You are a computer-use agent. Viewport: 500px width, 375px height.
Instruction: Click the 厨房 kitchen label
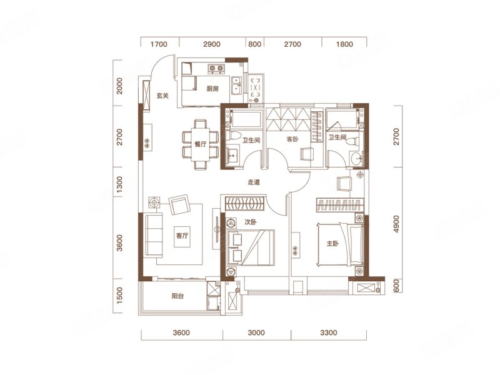(x=212, y=89)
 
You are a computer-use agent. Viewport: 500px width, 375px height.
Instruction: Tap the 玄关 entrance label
(x=162, y=96)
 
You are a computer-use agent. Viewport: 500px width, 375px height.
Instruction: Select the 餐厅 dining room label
(x=201, y=144)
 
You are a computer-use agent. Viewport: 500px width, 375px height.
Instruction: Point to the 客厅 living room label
(x=182, y=236)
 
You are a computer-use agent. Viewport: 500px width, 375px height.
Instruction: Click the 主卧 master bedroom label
(x=332, y=244)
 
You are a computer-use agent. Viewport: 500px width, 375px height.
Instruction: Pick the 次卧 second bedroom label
(x=251, y=222)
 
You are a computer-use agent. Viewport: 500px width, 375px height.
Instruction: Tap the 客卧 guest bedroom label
(x=292, y=139)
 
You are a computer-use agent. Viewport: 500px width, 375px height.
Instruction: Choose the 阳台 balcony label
(x=177, y=296)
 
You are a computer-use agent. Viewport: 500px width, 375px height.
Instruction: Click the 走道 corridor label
(x=254, y=182)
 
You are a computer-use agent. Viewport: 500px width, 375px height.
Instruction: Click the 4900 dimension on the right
(x=396, y=224)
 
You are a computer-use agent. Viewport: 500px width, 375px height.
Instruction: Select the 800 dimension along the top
(x=254, y=44)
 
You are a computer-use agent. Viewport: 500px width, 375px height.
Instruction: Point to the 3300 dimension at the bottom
(x=329, y=332)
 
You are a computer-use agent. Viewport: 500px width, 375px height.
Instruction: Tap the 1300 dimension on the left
(x=119, y=184)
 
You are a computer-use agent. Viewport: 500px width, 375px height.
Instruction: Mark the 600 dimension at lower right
(x=396, y=285)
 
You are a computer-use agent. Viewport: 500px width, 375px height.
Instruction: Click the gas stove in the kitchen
(x=216, y=68)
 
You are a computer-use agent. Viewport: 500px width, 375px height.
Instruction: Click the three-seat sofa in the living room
(x=154, y=235)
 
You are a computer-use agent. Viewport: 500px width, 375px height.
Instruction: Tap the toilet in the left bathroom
(x=233, y=136)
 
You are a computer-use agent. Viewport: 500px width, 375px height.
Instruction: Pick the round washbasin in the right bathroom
(x=356, y=157)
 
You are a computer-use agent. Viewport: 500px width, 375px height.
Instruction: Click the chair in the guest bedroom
(x=306, y=154)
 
